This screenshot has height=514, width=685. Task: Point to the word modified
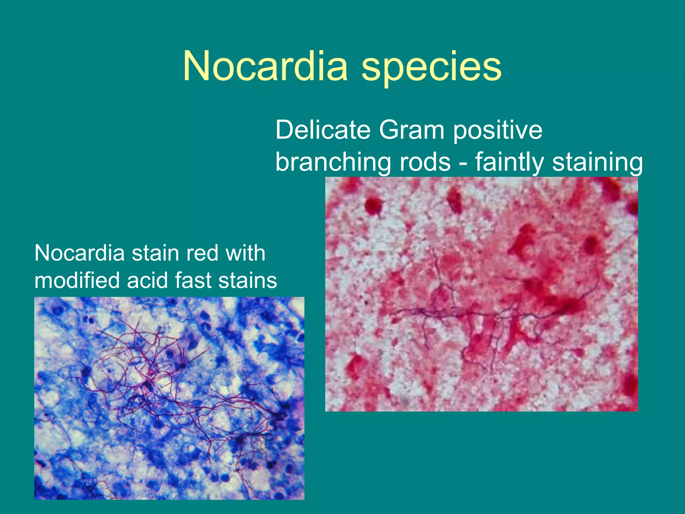click(77, 280)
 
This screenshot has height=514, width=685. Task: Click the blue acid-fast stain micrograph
click(169, 398)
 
